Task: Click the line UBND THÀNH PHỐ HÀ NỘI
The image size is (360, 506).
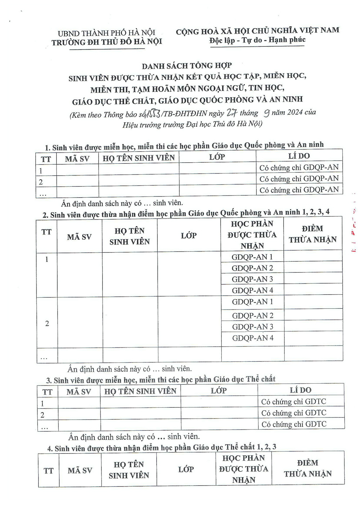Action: point(106,33)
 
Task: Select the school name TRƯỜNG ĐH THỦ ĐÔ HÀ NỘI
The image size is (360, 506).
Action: point(107,42)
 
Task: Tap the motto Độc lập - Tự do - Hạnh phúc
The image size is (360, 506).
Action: point(257,40)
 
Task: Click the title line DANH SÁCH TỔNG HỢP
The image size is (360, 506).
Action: point(186,66)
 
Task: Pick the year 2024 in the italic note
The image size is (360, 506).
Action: point(294,113)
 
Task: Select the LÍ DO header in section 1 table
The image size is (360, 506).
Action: point(299,156)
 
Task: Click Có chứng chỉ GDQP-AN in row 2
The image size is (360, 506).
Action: point(299,179)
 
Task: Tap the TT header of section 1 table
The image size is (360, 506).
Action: point(46,159)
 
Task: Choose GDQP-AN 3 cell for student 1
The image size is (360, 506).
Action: point(252,279)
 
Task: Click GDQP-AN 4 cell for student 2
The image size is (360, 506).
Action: point(252,338)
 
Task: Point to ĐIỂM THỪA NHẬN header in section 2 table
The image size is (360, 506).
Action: point(312,234)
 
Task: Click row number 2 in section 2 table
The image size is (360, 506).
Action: point(47,323)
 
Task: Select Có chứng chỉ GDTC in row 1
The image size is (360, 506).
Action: point(293,402)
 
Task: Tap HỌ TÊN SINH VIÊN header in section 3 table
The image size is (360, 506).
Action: point(140,391)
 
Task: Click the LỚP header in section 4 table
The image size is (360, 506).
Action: point(186,469)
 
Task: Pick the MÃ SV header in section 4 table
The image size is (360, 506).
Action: point(80,470)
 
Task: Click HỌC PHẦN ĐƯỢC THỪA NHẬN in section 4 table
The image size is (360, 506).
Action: point(244,469)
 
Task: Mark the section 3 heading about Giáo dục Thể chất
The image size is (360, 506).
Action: point(161,380)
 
